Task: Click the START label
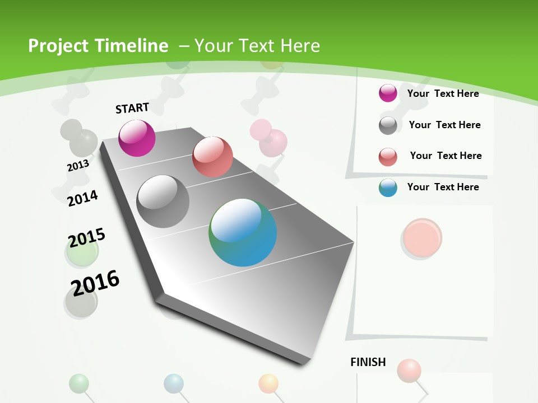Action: [x=132, y=107]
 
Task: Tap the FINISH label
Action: [x=368, y=362]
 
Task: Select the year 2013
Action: [x=78, y=166]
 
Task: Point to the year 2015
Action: [x=87, y=238]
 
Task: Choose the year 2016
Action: [x=95, y=283]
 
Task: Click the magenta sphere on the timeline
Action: [x=137, y=138]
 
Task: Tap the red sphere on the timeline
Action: [x=212, y=157]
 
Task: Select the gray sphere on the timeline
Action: [x=163, y=201]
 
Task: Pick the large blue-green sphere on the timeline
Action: [x=243, y=232]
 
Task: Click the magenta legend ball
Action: [x=388, y=93]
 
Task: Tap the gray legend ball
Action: [x=388, y=125]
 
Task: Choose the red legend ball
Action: [x=388, y=157]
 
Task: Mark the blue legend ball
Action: [x=388, y=188]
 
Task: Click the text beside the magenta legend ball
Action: [x=443, y=93]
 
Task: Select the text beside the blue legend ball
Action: [x=443, y=187]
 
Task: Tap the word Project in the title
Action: [x=58, y=46]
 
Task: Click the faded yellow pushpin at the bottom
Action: [x=268, y=383]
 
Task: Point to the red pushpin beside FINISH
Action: [x=409, y=370]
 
